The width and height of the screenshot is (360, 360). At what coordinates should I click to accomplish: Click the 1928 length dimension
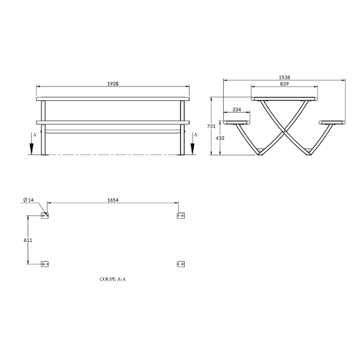coord(113,84)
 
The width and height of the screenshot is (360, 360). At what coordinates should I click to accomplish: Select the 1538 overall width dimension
coord(284,77)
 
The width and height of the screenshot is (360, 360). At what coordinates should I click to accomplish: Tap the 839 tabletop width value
coord(284,84)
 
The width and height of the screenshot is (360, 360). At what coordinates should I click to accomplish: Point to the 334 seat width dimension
coord(237,110)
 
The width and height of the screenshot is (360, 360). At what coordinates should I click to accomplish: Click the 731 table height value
coord(211,126)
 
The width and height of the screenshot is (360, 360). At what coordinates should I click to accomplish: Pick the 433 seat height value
coord(220,138)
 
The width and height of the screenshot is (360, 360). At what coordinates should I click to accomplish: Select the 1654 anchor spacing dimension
coord(113,200)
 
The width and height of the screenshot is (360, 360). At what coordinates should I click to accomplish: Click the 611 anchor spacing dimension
coord(28,240)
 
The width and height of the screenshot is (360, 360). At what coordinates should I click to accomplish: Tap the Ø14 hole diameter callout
coord(28,200)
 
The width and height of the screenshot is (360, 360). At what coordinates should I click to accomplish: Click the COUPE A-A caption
coord(113,279)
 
